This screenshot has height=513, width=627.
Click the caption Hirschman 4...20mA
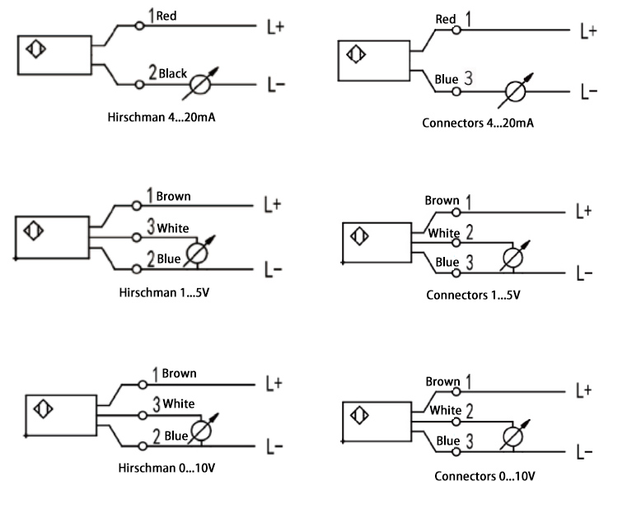[x=166, y=117]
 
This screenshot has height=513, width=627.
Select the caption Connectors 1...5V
[x=473, y=295]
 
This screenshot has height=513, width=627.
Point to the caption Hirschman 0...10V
[x=166, y=468]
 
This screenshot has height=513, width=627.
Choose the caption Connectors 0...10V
[x=485, y=476]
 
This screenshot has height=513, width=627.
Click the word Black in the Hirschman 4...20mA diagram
[x=174, y=73]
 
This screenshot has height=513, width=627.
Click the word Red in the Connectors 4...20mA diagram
[x=446, y=19]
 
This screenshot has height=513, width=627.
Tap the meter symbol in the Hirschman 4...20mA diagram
[x=201, y=84]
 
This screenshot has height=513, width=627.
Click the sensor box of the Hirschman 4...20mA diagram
[x=54, y=55]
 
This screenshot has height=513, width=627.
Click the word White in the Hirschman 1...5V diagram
[x=173, y=227]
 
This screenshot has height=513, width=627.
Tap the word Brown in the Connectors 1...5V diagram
[x=442, y=201]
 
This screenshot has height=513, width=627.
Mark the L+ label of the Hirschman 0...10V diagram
[x=274, y=383]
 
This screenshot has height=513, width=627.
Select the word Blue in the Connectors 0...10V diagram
[x=447, y=441]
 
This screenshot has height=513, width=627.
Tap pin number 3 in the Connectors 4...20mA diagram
[x=468, y=80]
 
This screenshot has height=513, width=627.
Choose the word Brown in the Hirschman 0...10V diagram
[x=179, y=373]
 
